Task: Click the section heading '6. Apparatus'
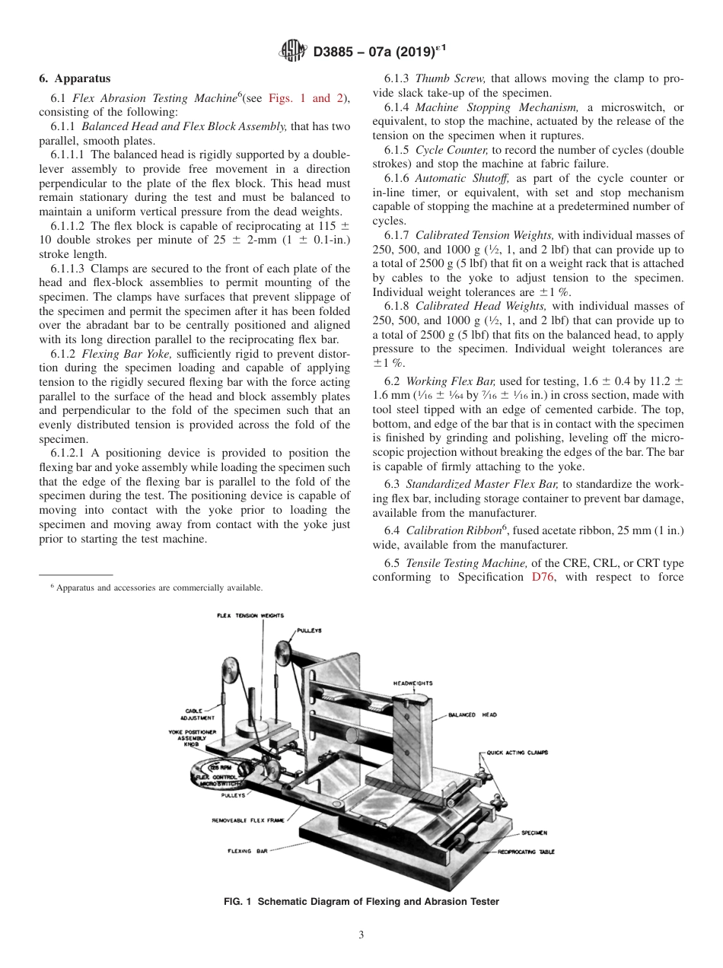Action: pyautogui.click(x=75, y=78)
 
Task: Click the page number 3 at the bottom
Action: pyautogui.click(x=361, y=935)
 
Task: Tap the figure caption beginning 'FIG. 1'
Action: pyautogui.click(x=361, y=902)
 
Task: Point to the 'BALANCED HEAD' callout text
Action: pyautogui.click(x=472, y=715)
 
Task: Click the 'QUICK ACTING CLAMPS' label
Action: pyautogui.click(x=517, y=753)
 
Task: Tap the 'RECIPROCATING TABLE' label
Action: pyautogui.click(x=526, y=852)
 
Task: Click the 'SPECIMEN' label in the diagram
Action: pyautogui.click(x=533, y=833)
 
